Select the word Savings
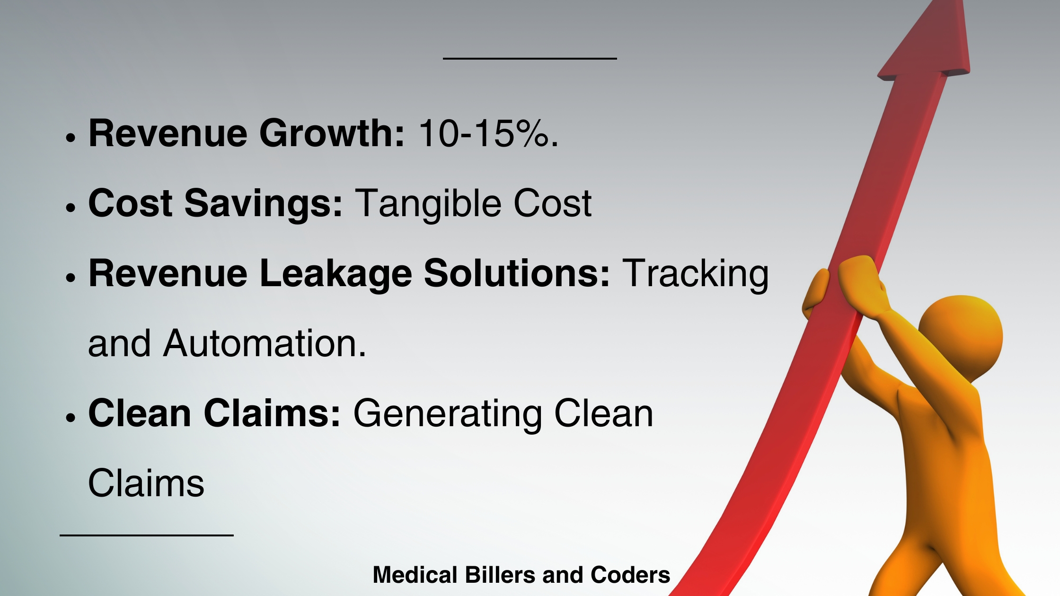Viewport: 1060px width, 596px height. pyautogui.click(x=263, y=204)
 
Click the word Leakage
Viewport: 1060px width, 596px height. pyautogui.click(x=336, y=274)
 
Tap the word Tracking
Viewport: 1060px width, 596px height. pyautogui.click(x=695, y=274)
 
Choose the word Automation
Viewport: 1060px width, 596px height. pyautogui.click(x=265, y=343)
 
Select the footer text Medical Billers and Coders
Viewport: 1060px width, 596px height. pyautogui.click(x=521, y=575)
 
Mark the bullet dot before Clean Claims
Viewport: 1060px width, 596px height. pyautogui.click(x=71, y=418)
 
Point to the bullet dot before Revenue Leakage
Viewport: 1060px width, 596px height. pyautogui.click(x=71, y=278)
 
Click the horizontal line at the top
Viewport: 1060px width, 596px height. pyautogui.click(x=530, y=59)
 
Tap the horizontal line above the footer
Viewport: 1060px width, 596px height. pyautogui.click(x=147, y=535)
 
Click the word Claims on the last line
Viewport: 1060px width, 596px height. pyautogui.click(x=146, y=483)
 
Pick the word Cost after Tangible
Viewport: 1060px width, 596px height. pyautogui.click(x=553, y=204)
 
